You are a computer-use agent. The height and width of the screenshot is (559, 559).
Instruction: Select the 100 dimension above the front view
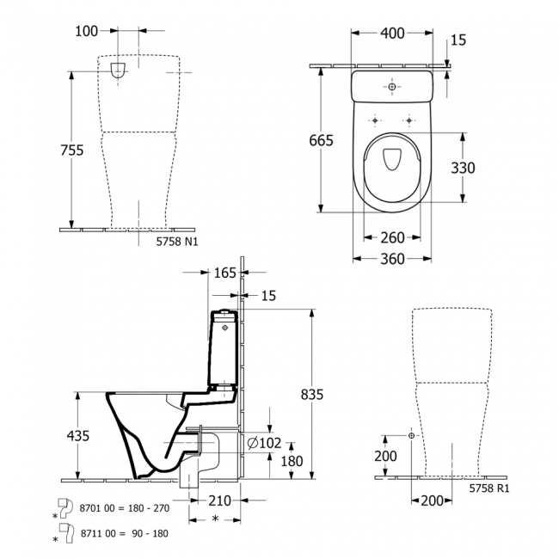(86, 31)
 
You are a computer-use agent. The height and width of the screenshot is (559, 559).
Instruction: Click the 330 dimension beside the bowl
(463, 169)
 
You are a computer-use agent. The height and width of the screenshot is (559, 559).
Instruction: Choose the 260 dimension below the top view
(392, 238)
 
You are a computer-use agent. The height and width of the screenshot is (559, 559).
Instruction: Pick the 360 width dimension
(392, 258)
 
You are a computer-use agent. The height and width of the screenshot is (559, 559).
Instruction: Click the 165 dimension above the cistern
(224, 274)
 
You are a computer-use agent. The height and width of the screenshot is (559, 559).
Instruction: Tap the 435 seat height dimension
(77, 436)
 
